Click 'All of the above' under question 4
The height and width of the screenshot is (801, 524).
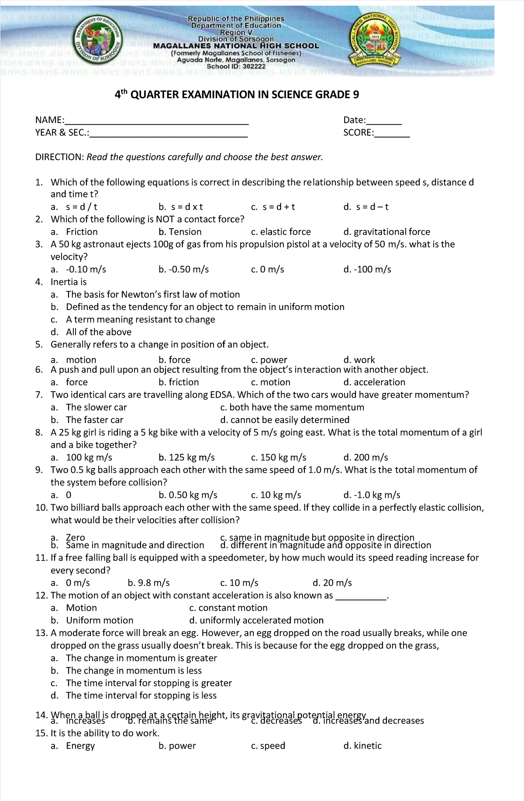[98, 332]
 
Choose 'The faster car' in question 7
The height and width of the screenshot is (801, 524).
[94, 420]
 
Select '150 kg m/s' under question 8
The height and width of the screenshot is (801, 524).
[283, 457]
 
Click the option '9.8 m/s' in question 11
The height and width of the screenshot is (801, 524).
[154, 583]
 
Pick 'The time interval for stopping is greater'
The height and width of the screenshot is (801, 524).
[148, 683]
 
